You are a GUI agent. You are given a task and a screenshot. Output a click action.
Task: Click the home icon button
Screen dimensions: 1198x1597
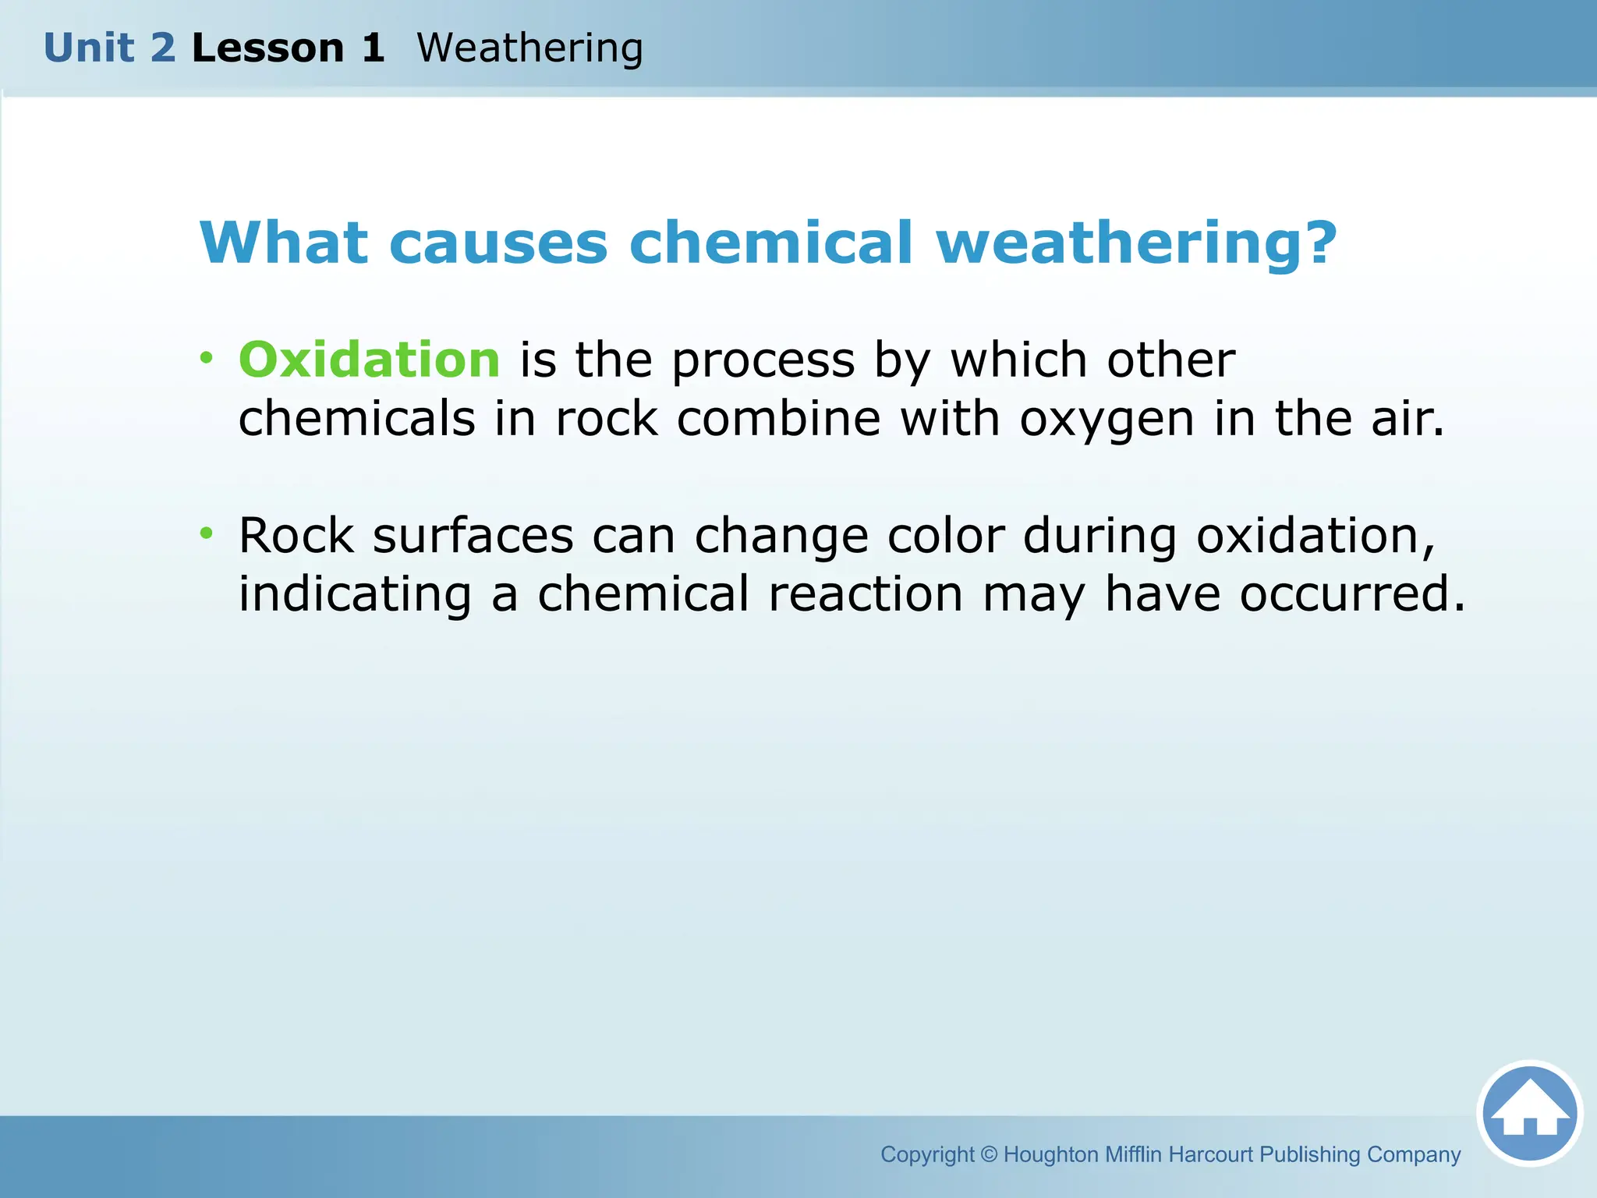1529,1113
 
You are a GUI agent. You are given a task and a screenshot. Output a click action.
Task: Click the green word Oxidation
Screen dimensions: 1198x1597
369,360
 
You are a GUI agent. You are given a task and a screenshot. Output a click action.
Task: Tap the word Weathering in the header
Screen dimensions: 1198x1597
529,48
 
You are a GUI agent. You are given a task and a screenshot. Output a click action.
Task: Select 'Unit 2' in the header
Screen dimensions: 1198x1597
110,48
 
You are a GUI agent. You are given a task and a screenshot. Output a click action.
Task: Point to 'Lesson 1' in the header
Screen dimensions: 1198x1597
288,48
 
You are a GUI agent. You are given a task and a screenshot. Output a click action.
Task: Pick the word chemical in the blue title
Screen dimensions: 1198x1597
770,243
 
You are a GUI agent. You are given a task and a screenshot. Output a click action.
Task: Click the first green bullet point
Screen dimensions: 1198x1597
206,358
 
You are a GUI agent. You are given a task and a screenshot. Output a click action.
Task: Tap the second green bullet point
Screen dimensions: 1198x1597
206,533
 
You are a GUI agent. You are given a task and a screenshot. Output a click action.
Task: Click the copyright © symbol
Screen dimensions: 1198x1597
989,1154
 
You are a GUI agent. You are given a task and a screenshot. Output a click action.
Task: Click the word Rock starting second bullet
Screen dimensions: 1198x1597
296,536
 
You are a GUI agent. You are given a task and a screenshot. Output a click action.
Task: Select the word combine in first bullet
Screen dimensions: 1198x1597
778,419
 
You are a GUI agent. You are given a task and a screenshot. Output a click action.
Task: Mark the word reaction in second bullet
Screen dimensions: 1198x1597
865,594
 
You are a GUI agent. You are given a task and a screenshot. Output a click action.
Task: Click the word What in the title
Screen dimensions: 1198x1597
283,243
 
